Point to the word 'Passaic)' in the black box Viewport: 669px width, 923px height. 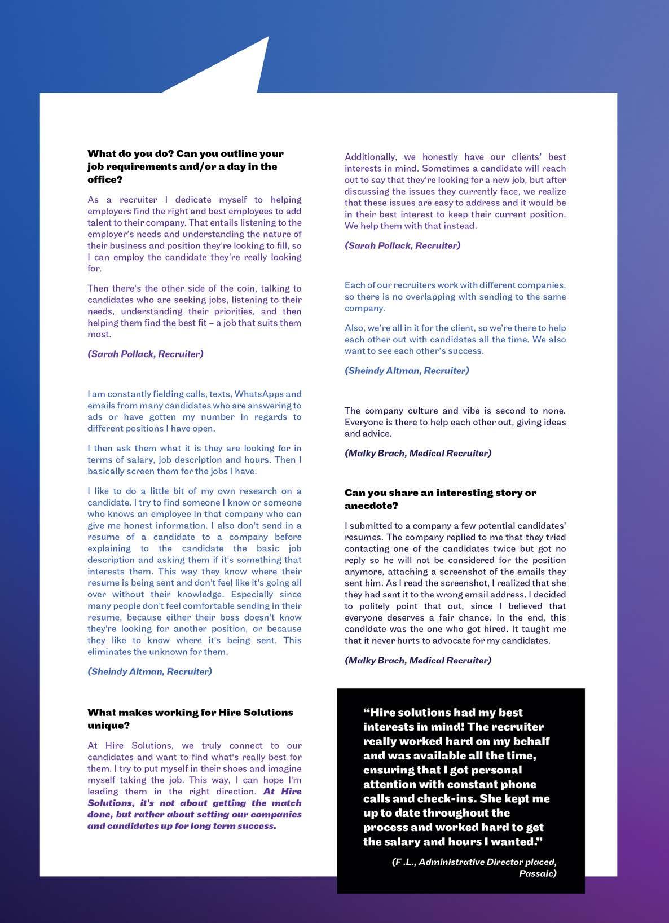pyautogui.click(x=538, y=873)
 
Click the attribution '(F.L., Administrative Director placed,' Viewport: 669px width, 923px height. pyautogui.click(x=474, y=862)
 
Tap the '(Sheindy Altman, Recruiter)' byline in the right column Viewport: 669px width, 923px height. pyautogui.click(x=407, y=371)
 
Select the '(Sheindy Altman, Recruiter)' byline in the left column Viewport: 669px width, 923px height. pyautogui.click(x=149, y=671)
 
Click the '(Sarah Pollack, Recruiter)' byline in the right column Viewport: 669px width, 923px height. pyautogui.click(x=402, y=245)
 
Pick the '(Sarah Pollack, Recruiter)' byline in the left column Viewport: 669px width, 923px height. pyautogui.click(x=145, y=354)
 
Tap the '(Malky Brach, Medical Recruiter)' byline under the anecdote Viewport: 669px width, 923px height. pyautogui.click(x=417, y=660)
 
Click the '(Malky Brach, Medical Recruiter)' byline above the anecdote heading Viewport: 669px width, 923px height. pyautogui.click(x=417, y=453)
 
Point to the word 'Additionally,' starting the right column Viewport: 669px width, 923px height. pyautogui.click(x=371, y=157)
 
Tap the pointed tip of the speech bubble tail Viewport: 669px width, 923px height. pyautogui.click(x=269, y=37)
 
